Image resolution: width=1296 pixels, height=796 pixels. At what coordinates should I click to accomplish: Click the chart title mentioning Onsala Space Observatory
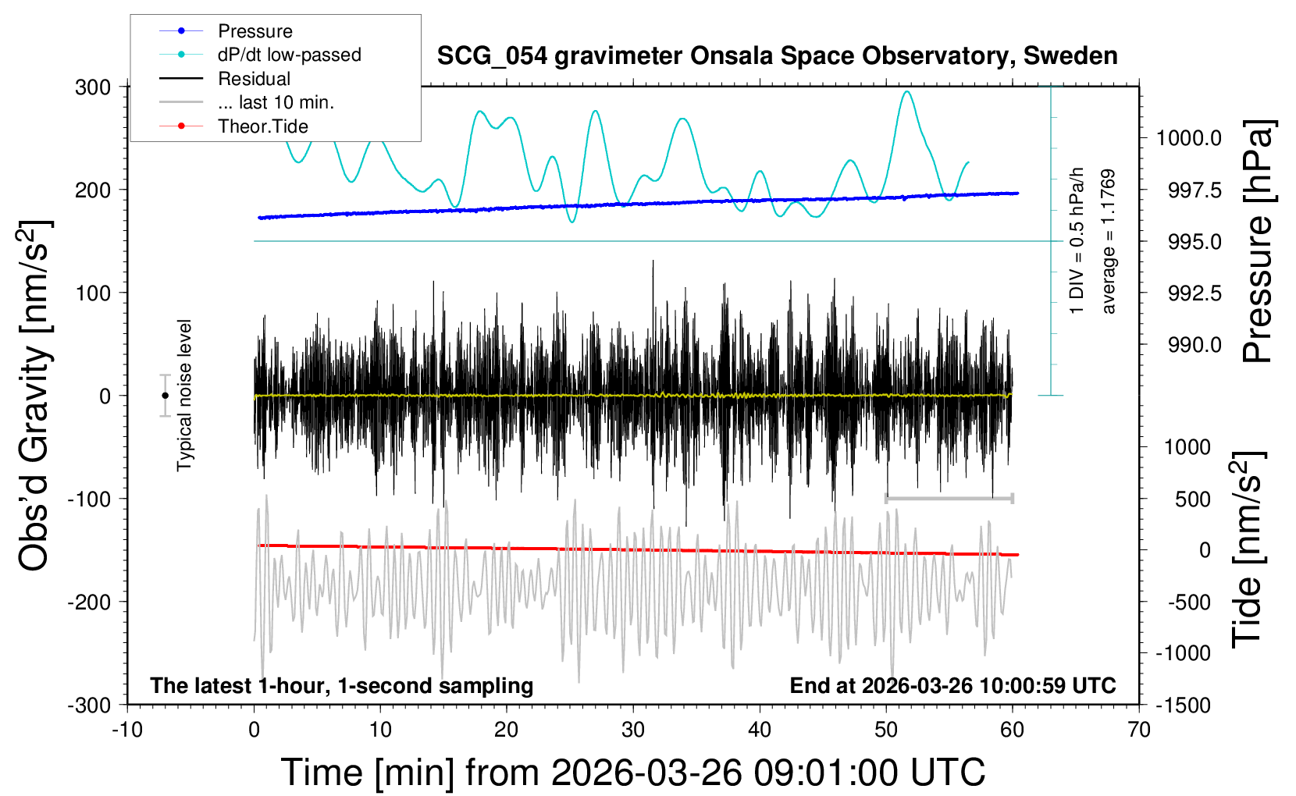[x=777, y=56]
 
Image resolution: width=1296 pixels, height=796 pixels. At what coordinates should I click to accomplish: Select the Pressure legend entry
[x=255, y=31]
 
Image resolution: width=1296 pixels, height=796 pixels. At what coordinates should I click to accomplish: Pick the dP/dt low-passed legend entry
[x=289, y=55]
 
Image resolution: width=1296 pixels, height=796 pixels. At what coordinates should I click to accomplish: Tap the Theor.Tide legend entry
[x=263, y=126]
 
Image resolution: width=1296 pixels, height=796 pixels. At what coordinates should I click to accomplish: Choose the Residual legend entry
[x=255, y=79]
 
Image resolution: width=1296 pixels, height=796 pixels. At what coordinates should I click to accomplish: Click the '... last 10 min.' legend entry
[x=276, y=102]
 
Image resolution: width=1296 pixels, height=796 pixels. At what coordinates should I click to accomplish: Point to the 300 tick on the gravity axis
[x=93, y=87]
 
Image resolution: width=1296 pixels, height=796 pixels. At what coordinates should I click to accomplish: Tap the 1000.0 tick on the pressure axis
[x=1189, y=139]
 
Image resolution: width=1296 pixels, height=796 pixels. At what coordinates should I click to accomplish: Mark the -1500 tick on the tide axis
[x=1183, y=705]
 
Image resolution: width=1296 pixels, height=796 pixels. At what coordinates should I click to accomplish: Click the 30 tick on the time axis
[x=633, y=730]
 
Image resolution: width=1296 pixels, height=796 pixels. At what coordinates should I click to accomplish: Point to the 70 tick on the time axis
[x=1139, y=730]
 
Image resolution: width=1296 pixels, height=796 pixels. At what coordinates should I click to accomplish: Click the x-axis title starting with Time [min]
[x=633, y=773]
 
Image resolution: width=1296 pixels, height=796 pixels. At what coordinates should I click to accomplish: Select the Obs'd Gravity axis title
[x=36, y=396]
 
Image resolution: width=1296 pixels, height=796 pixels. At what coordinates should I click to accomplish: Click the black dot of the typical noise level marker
[x=165, y=396]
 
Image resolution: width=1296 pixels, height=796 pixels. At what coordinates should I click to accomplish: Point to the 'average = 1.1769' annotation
[x=1109, y=242]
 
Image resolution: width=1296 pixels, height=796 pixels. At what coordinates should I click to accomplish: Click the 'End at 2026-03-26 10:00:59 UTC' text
[x=952, y=686]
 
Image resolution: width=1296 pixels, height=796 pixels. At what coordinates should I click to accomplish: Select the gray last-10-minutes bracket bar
[x=949, y=498]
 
